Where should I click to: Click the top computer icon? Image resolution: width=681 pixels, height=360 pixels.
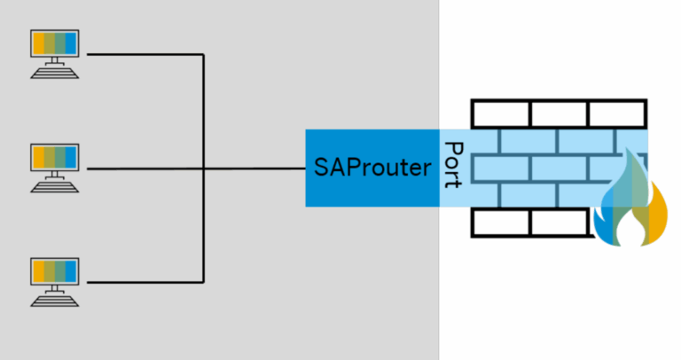(x=55, y=53)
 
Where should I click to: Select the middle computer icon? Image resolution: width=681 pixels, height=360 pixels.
(x=55, y=167)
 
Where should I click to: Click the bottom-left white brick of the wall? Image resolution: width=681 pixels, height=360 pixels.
(x=500, y=223)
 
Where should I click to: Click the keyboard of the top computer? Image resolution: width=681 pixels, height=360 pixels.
(x=55, y=74)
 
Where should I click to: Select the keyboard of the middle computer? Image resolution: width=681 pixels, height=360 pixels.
(x=55, y=187)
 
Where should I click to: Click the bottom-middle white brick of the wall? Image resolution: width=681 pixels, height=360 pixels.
(x=559, y=223)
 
